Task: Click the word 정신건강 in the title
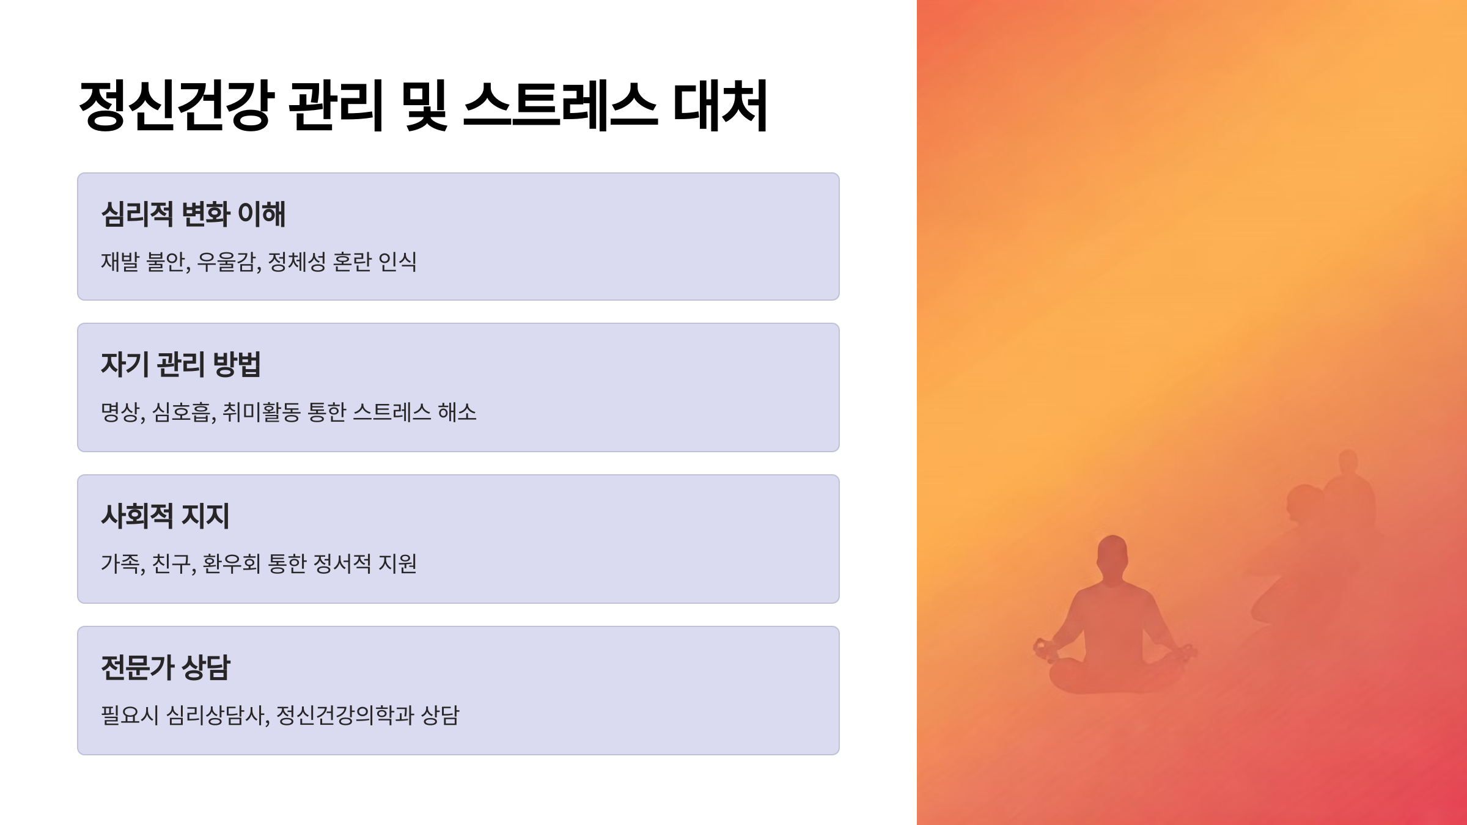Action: tap(176, 105)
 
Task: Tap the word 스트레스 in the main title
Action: tap(560, 105)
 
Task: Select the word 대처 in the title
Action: tap(719, 105)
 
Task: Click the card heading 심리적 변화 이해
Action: tap(193, 214)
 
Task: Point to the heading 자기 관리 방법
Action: tap(181, 364)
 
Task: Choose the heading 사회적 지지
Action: tap(165, 516)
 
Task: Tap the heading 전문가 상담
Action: tap(165, 667)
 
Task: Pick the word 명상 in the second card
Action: tap(120, 412)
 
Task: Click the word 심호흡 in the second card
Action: tap(182, 412)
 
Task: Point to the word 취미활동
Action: tap(262, 412)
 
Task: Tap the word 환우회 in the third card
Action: tap(232, 563)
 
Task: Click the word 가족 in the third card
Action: tap(120, 563)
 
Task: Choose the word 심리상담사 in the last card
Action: tap(216, 715)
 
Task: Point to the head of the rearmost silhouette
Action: tap(1348, 461)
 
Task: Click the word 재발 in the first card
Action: tap(120, 262)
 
